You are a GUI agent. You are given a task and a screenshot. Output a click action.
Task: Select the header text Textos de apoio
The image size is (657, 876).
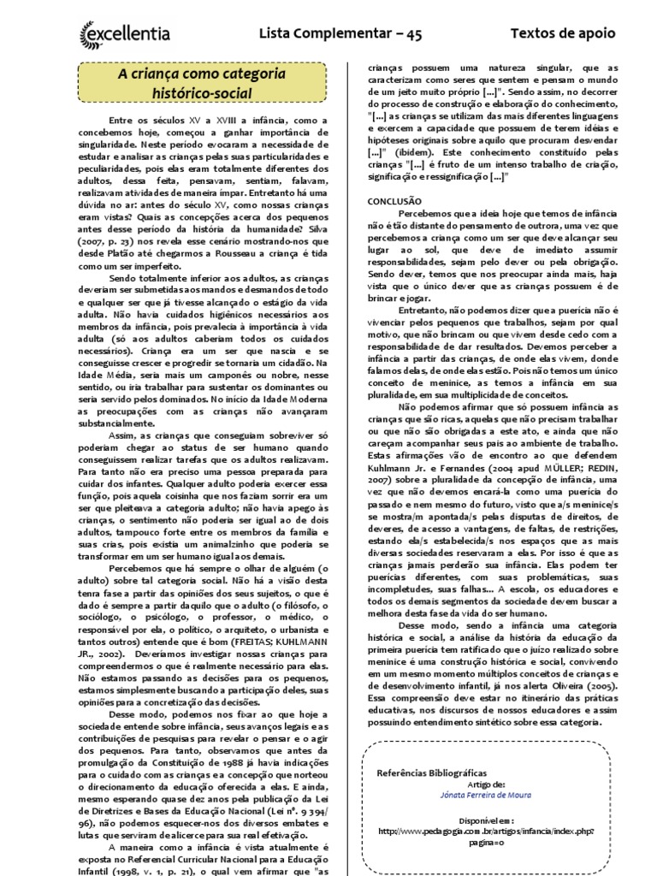[562, 33]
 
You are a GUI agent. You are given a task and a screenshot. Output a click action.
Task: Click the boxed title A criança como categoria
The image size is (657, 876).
[202, 75]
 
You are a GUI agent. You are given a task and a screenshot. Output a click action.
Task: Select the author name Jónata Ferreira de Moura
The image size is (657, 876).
[488, 794]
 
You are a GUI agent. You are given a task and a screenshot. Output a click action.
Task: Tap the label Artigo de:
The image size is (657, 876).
[487, 783]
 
